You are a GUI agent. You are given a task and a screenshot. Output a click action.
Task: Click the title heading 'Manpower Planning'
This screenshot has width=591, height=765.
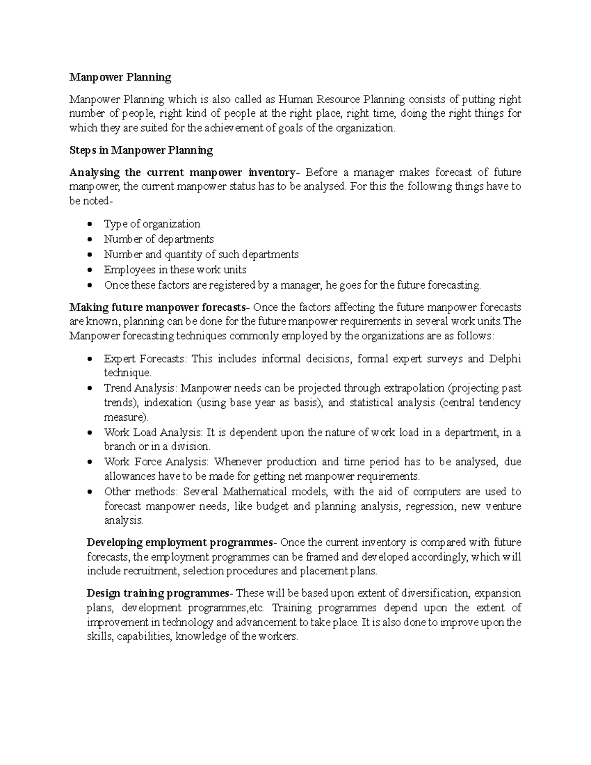(x=120, y=77)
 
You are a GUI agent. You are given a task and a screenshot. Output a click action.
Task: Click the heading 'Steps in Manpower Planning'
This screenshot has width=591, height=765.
(x=141, y=150)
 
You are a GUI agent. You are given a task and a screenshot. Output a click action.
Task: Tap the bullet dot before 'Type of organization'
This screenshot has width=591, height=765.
(x=89, y=224)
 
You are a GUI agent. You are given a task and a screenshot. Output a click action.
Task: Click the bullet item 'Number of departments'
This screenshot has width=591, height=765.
(x=159, y=239)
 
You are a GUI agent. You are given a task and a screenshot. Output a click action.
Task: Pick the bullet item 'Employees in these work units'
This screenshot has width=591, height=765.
(x=175, y=270)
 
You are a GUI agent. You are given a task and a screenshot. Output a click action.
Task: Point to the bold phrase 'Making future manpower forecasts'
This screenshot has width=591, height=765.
(x=157, y=307)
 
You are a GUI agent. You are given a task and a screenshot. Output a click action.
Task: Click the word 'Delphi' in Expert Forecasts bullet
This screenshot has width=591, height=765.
(x=505, y=359)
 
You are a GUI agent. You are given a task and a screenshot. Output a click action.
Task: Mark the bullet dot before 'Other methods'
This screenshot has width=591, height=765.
(x=89, y=492)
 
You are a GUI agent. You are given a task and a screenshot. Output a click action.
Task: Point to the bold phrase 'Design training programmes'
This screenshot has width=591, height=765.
(x=158, y=593)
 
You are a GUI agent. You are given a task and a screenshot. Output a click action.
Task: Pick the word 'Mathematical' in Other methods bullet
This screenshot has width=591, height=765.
(x=254, y=492)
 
